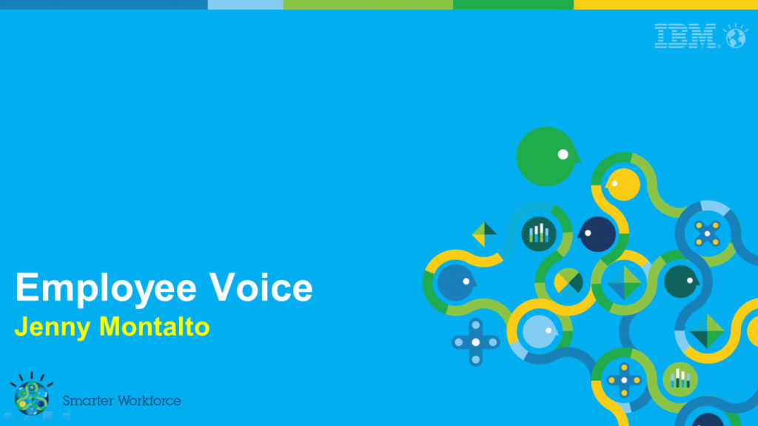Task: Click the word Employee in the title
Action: [106, 288]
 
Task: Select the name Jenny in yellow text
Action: [53, 327]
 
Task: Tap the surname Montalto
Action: [154, 326]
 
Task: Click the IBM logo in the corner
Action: [686, 36]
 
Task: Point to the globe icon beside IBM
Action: [735, 36]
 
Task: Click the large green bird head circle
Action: [547, 156]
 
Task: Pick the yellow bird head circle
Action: [623, 184]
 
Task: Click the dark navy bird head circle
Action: [597, 234]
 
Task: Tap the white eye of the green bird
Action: [563, 154]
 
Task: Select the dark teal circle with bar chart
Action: [539, 234]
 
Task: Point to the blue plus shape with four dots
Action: [476, 342]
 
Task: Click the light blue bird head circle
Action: [540, 332]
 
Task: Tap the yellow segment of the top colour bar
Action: [665, 4]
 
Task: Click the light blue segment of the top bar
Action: [245, 4]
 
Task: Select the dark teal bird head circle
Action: [681, 282]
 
